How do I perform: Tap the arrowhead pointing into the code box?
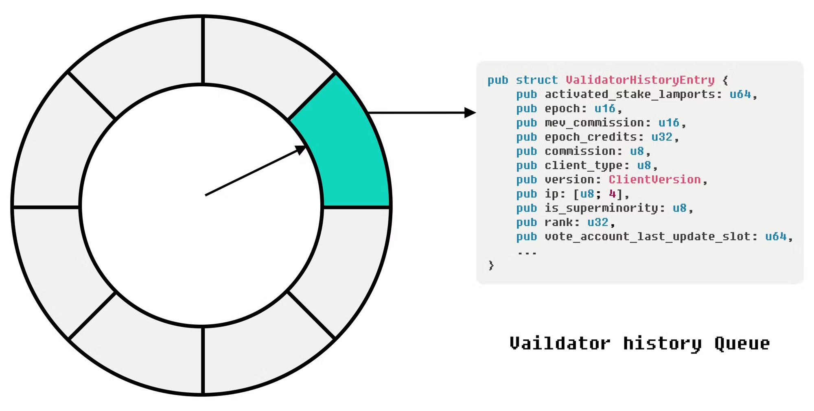click(x=470, y=113)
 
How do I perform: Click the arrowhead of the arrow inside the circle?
click(x=301, y=150)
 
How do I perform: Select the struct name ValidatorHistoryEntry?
click(x=640, y=80)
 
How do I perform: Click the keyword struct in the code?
click(x=536, y=80)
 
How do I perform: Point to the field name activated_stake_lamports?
click(x=630, y=94)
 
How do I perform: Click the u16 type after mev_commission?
click(x=669, y=122)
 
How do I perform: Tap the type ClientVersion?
click(x=654, y=179)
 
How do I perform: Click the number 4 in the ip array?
click(x=612, y=194)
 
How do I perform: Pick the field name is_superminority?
click(x=601, y=208)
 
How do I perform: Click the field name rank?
click(x=559, y=222)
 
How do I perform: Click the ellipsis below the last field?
click(x=527, y=252)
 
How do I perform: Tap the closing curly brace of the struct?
click(x=491, y=265)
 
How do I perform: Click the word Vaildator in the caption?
click(x=560, y=343)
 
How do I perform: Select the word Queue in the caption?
click(x=742, y=343)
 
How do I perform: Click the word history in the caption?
click(x=662, y=343)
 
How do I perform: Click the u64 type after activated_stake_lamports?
click(x=740, y=94)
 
